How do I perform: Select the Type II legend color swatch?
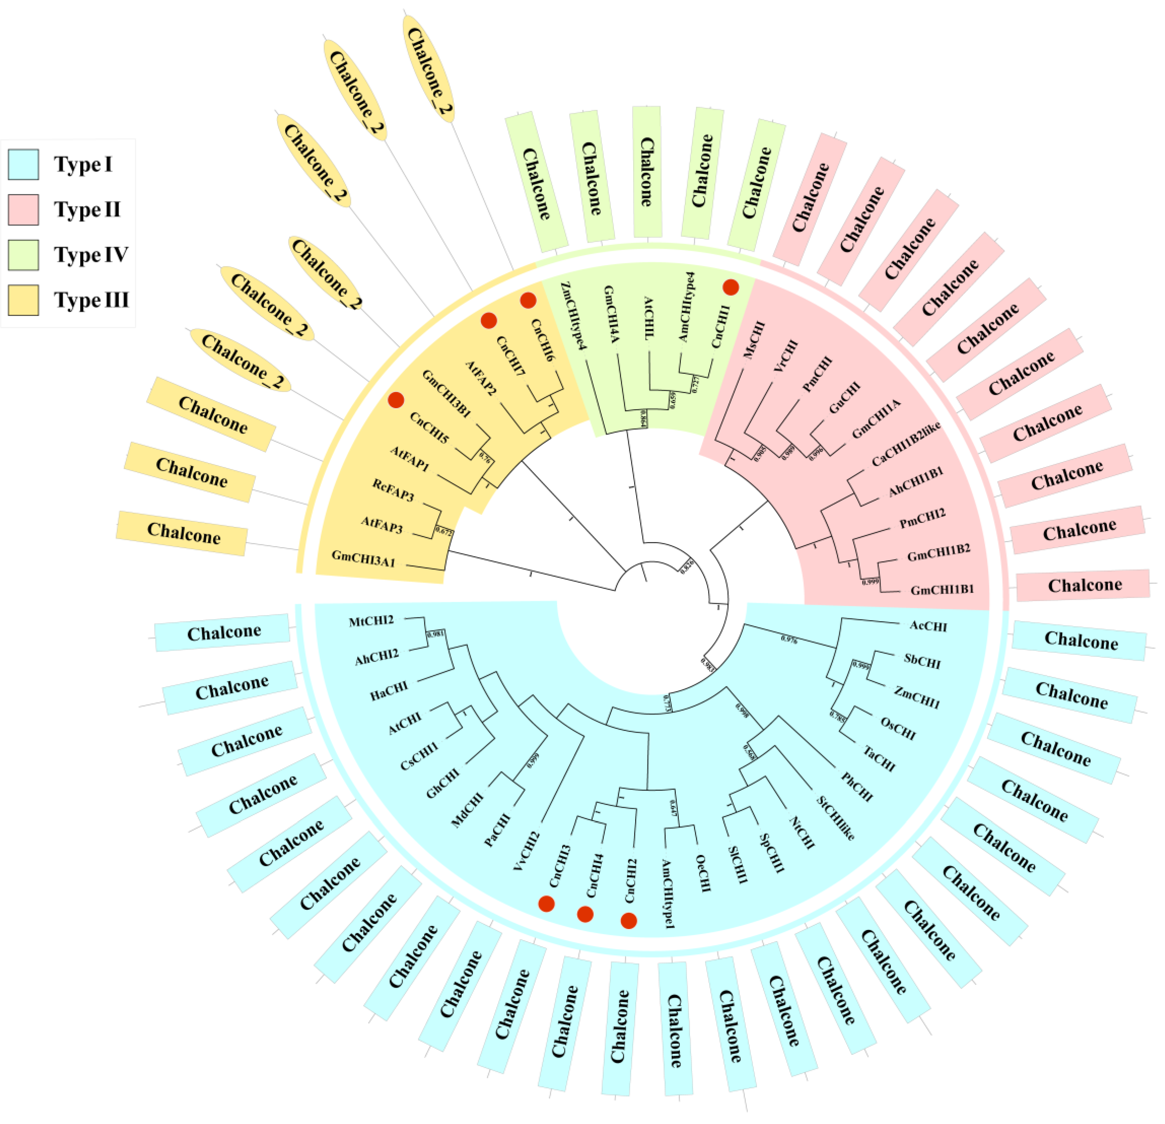click(23, 210)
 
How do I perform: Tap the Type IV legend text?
click(91, 255)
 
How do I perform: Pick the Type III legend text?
click(91, 300)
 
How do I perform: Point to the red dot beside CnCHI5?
click(396, 400)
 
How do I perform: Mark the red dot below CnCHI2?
click(629, 921)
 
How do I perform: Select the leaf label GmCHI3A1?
click(363, 558)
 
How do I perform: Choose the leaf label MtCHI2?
click(371, 621)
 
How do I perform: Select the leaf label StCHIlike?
click(836, 818)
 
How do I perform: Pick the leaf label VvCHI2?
click(527, 852)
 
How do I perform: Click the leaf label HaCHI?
click(389, 691)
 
